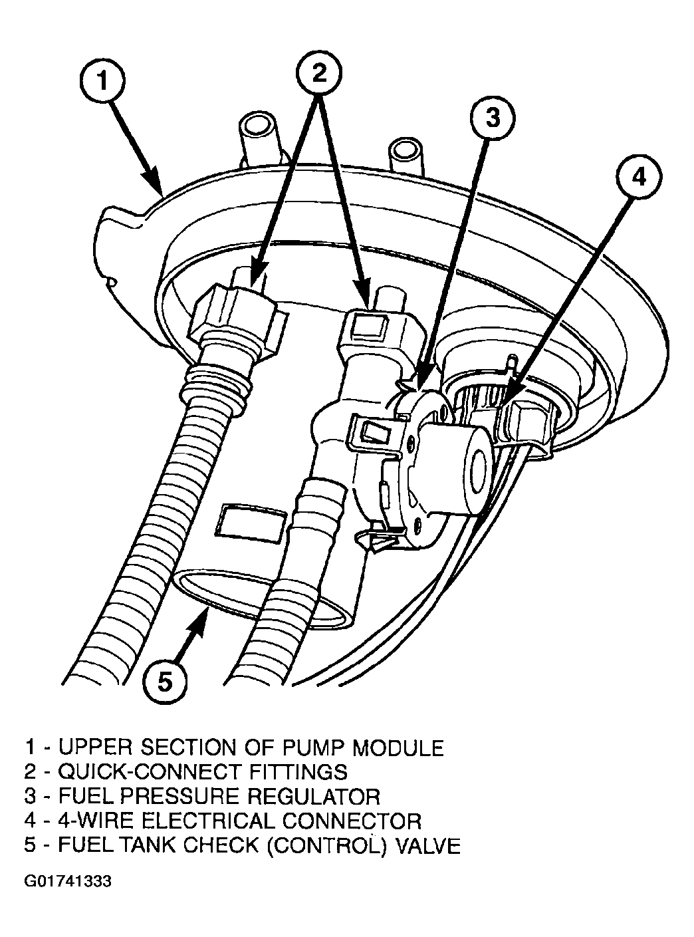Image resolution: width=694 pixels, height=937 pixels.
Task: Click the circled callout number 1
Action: tap(102, 82)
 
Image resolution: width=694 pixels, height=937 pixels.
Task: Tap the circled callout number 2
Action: tap(320, 72)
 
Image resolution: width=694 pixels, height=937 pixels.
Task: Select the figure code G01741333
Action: tap(68, 882)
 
